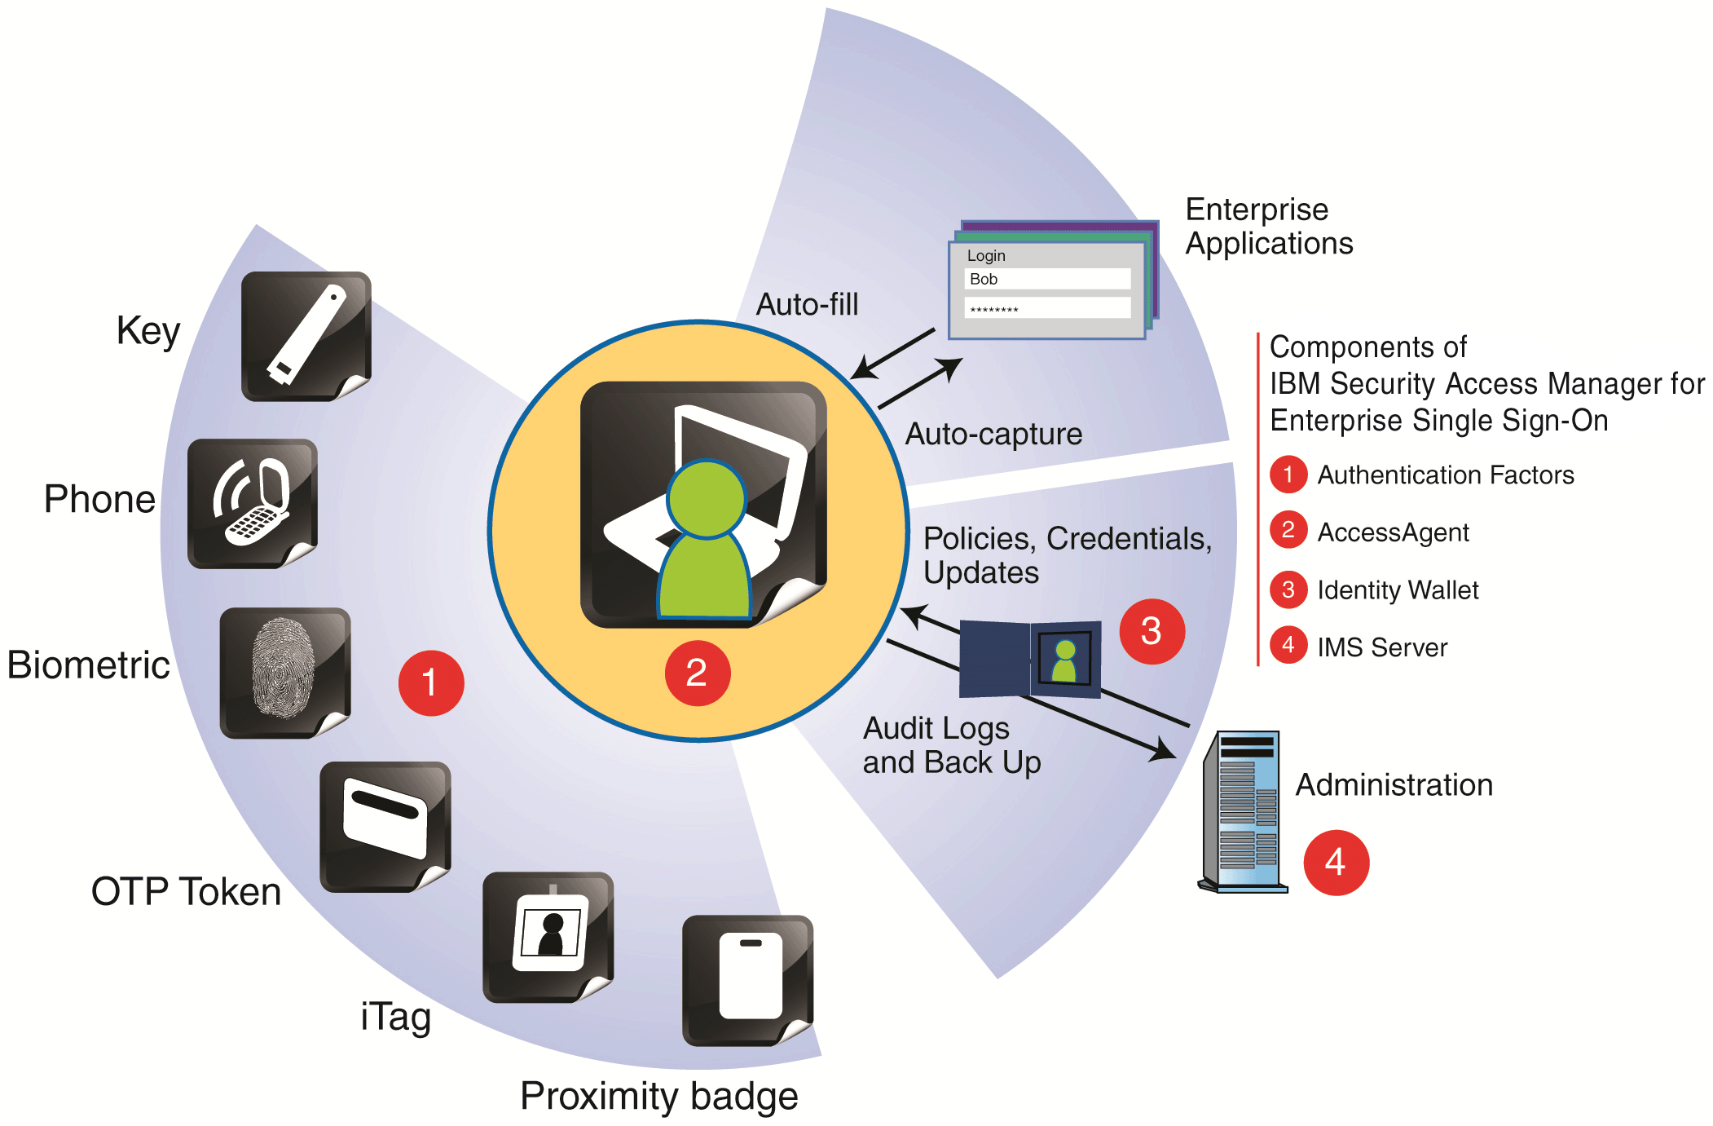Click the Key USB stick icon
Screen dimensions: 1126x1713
pyautogui.click(x=306, y=336)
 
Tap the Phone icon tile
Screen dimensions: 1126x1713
pyautogui.click(x=252, y=503)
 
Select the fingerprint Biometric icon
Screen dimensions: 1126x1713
pyautogui.click(x=284, y=672)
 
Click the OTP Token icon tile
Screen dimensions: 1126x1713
pyautogui.click(x=385, y=826)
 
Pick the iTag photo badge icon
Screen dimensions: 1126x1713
pyautogui.click(x=548, y=936)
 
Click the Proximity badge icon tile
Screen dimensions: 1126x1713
pyautogui.click(x=747, y=979)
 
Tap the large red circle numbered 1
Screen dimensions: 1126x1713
pyautogui.click(x=430, y=682)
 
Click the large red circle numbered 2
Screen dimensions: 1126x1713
pyautogui.click(x=697, y=673)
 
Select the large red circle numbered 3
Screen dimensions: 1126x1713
pyautogui.click(x=1151, y=631)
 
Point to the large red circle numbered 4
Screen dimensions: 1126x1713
pyautogui.click(x=1335, y=863)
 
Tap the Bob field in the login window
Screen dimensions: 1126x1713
pyautogui.click(x=1047, y=279)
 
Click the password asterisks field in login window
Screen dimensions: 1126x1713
pyautogui.click(x=1047, y=308)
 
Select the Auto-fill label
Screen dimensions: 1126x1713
pyautogui.click(x=807, y=305)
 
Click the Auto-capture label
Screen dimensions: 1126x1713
pyautogui.click(x=993, y=434)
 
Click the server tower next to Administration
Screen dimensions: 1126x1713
pyautogui.click(x=1243, y=811)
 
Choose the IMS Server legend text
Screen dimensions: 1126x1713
pyautogui.click(x=1381, y=647)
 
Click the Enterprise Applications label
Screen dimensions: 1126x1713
pyautogui.click(x=1268, y=227)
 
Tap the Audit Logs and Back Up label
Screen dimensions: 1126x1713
pyautogui.click(x=951, y=745)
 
